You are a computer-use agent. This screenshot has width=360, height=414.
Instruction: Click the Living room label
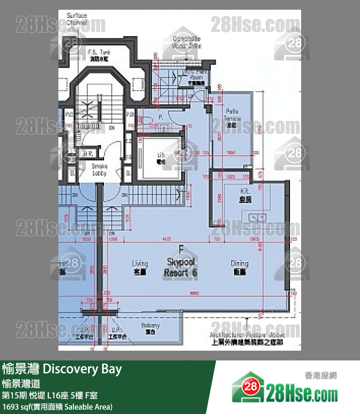point(140,267)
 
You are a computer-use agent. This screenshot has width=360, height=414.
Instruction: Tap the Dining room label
point(239,267)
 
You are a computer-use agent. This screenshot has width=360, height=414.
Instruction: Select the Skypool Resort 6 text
point(181,267)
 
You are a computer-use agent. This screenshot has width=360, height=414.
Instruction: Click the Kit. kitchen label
point(245,195)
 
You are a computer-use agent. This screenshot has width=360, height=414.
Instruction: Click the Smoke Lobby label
point(99,169)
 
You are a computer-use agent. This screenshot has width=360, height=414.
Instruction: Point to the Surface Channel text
point(77,19)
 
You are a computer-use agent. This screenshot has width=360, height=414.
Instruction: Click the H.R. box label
point(88,153)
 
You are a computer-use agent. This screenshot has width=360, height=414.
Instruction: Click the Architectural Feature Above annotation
point(247,339)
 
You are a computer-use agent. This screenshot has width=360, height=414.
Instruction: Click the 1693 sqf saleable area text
point(57,406)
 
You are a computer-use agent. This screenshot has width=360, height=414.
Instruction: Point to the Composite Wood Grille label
point(187,42)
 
